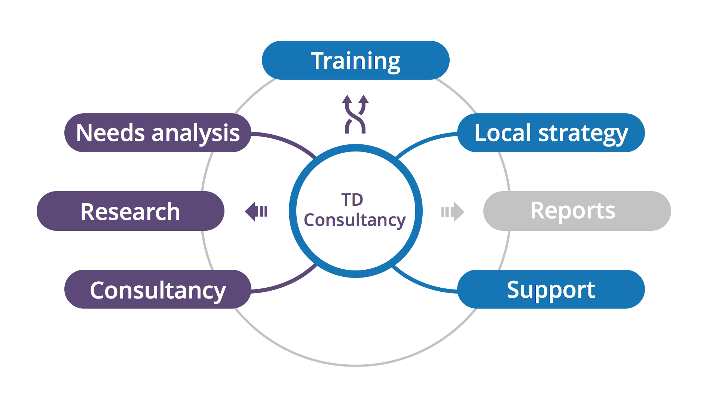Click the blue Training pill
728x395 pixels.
tap(355, 60)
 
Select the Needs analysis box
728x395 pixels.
tap(158, 133)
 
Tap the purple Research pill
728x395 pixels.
tap(131, 211)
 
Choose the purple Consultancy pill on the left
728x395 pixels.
tap(158, 289)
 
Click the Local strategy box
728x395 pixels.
tap(551, 133)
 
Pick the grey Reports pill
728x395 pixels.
tap(577, 211)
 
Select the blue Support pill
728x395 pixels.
tap(551, 289)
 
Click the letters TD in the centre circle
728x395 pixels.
tap(352, 200)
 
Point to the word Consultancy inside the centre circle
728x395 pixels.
tap(355, 220)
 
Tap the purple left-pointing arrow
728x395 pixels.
tap(256, 211)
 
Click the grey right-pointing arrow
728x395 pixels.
tap(453, 212)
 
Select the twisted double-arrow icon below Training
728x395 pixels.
tap(355, 114)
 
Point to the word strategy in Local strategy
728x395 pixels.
tap(583, 134)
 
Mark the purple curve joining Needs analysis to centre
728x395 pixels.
tap(287, 140)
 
